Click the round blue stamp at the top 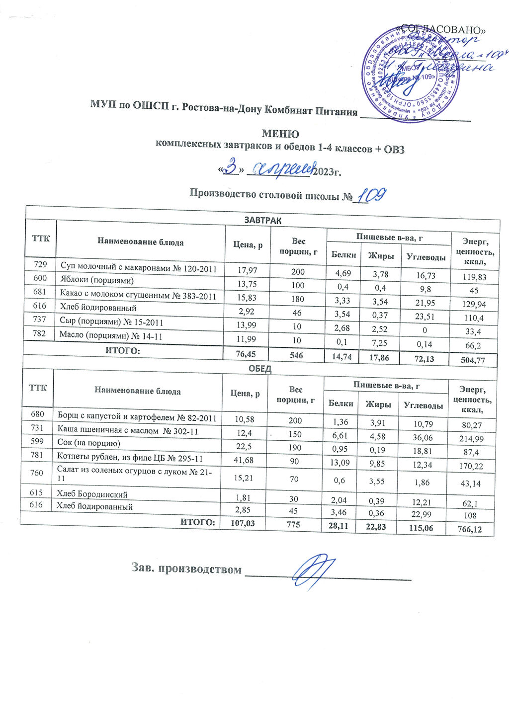coord(410,75)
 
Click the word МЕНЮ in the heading coord(280,134)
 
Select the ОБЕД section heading coord(259,369)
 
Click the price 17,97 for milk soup coord(248,270)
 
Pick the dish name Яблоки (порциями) coord(97,280)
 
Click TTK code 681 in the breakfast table coord(40,293)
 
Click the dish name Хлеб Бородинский coord(92,494)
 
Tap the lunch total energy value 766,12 coord(470,529)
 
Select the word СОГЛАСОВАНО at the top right coord(442,30)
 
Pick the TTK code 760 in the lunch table coord(37,473)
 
